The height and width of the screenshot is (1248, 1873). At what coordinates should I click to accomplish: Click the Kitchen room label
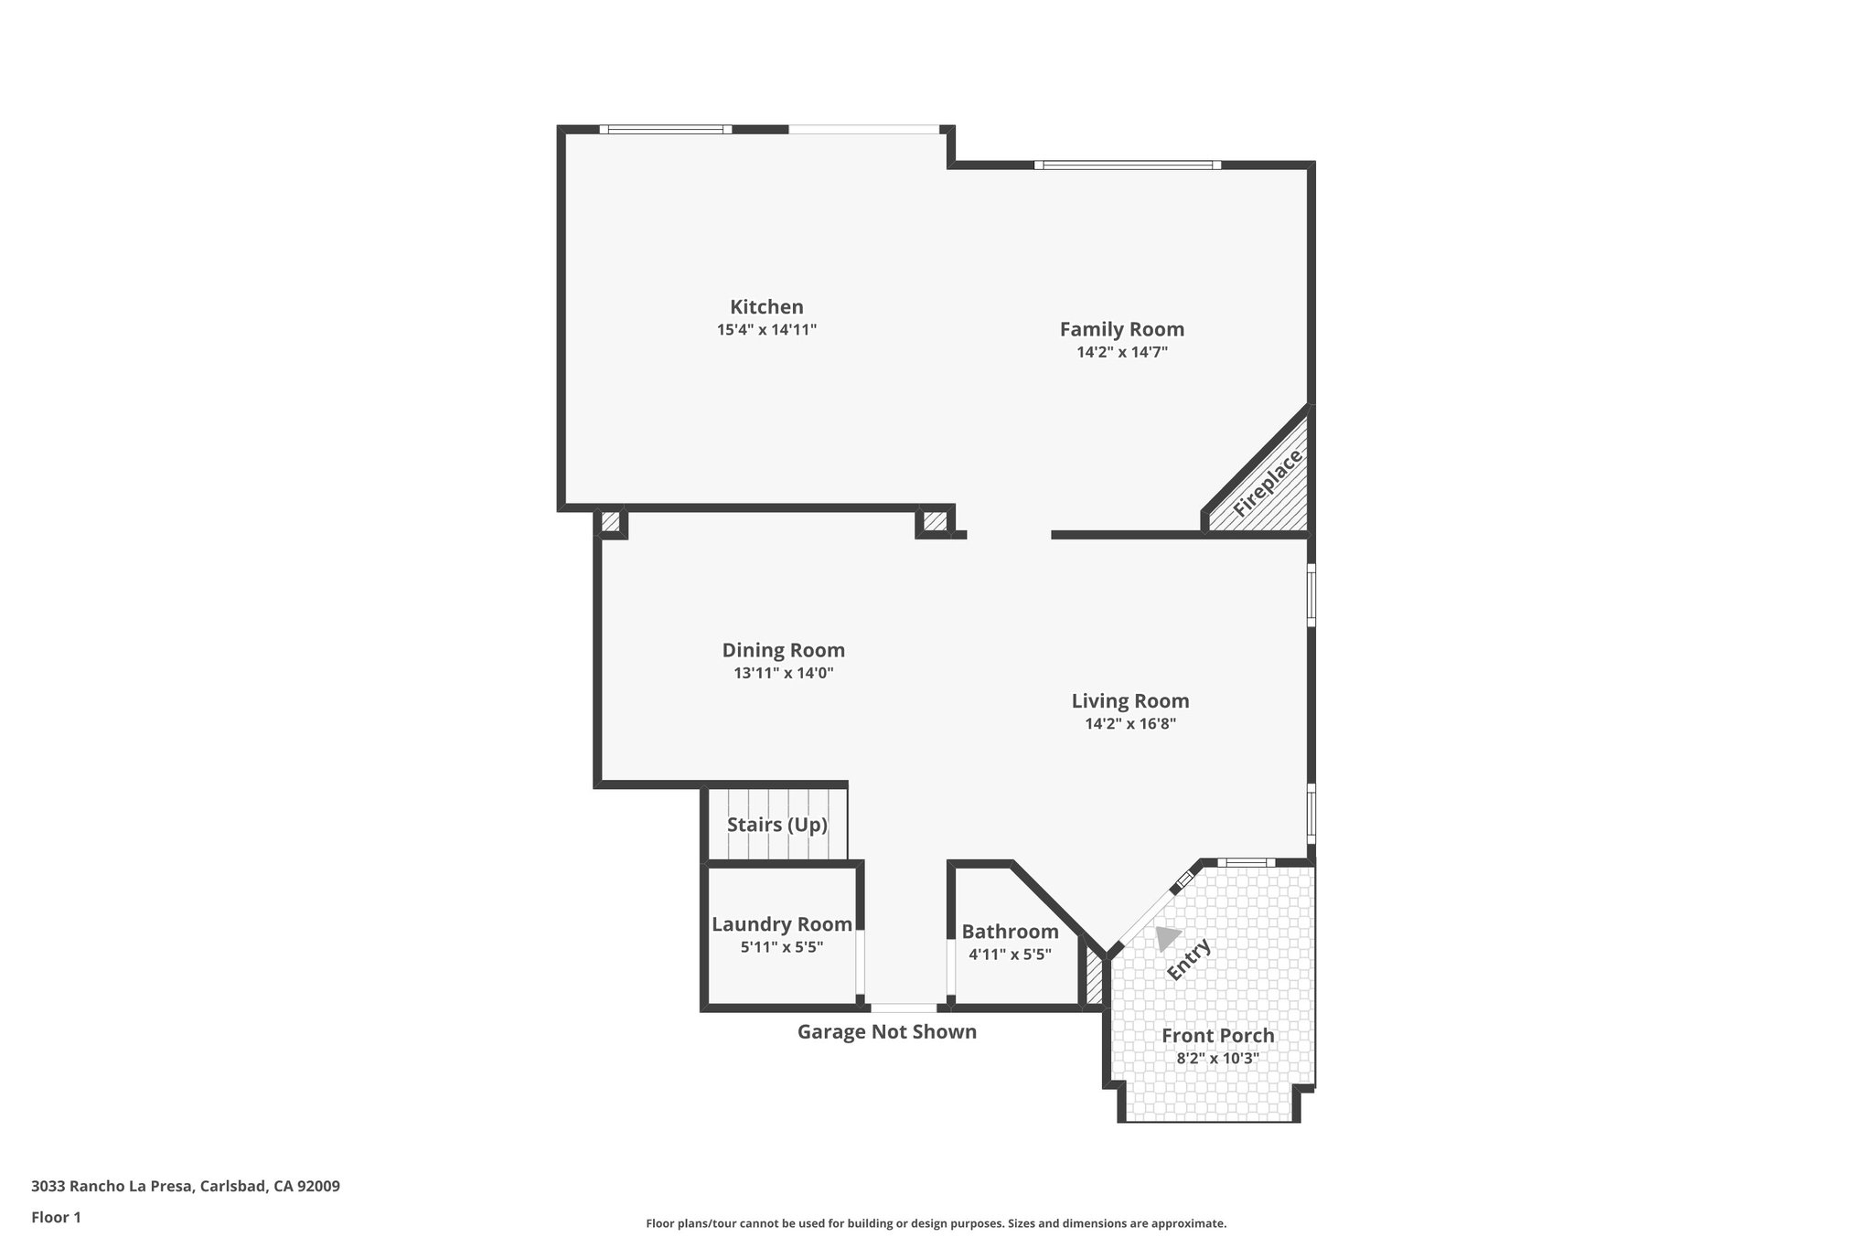point(766,307)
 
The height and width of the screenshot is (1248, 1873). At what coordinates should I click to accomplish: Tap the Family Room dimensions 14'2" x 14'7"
point(1122,352)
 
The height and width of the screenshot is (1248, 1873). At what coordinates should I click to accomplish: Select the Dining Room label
point(783,650)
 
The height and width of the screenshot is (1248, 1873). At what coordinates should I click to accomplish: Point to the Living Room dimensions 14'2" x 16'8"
point(1129,724)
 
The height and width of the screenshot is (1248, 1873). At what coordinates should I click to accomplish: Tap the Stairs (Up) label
point(776,825)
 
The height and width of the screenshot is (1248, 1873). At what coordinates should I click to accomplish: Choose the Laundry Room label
point(782,924)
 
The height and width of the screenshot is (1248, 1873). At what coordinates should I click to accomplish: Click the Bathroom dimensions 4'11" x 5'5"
point(1010,955)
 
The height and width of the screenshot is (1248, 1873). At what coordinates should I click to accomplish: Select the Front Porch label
point(1217,1036)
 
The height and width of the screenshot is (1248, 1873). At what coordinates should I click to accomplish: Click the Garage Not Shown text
point(886,1032)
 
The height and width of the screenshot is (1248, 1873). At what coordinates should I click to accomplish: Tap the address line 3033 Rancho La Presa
point(186,1187)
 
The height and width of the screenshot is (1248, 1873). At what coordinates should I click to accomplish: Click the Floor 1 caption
point(56,1218)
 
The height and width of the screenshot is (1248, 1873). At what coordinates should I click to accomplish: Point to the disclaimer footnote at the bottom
point(936,1223)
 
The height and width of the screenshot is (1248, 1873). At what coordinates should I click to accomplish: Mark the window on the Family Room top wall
point(1127,165)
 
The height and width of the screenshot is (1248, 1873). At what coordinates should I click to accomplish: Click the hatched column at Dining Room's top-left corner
point(610,523)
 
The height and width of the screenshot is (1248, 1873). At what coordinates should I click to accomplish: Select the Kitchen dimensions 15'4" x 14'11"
point(766,330)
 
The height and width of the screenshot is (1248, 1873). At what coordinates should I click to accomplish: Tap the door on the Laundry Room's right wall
point(860,963)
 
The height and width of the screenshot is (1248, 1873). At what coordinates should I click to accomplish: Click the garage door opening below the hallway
point(903,1008)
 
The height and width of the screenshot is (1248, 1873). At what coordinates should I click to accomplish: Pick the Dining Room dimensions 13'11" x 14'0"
point(783,674)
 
